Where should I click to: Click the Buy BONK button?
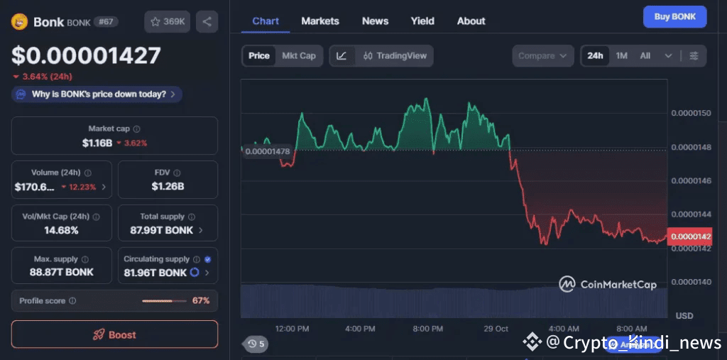674,16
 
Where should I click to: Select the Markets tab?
320,21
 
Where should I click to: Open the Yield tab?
422,21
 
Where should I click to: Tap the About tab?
471,21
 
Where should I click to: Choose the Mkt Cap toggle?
298,55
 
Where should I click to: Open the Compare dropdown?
543,55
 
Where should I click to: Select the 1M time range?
621,55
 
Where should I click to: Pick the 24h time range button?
595,55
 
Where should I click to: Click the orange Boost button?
114,334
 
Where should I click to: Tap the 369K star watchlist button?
167,21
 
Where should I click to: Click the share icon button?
207,21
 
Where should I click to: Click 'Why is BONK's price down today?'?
98,94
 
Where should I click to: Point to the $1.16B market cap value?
97,143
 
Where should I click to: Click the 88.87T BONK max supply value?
62,272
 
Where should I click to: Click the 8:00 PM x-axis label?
428,329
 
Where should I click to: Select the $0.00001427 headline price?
86,55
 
